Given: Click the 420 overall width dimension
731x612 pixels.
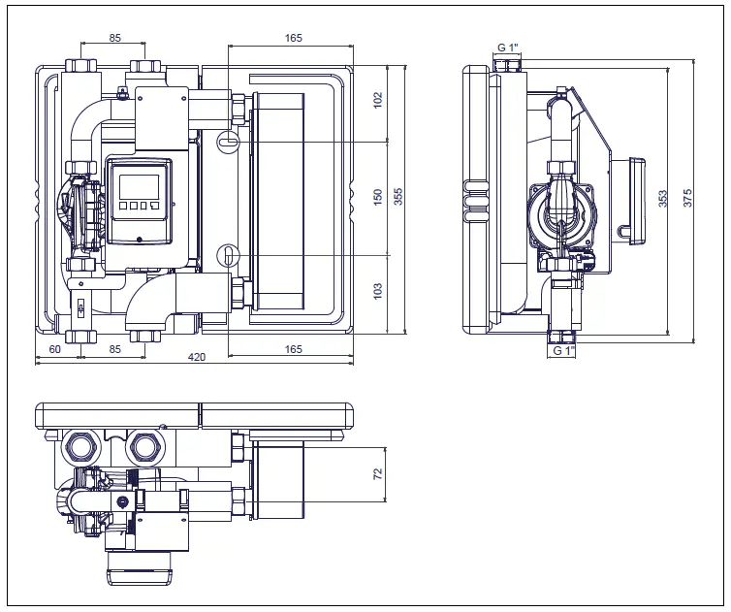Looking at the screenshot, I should [x=197, y=357].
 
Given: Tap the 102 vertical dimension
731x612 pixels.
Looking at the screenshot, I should [x=378, y=99].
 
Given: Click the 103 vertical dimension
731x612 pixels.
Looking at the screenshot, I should [x=378, y=290].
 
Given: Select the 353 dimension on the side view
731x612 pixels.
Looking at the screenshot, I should [x=663, y=198].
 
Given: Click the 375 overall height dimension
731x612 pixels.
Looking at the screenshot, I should [x=687, y=198].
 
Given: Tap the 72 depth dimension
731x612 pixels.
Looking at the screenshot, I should [x=378, y=473].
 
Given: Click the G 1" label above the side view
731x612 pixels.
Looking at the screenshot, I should [x=509, y=48].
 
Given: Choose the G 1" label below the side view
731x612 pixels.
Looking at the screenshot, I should [x=563, y=351].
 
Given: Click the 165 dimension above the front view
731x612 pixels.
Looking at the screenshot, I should [x=294, y=39].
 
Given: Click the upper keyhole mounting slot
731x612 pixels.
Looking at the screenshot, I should [x=226, y=142].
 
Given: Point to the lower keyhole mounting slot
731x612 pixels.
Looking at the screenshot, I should [x=226, y=254].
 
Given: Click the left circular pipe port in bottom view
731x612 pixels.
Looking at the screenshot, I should [x=80, y=448].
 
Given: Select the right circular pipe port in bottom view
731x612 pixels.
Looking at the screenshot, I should [x=146, y=447].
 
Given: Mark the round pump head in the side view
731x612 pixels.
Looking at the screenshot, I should [x=562, y=213].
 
